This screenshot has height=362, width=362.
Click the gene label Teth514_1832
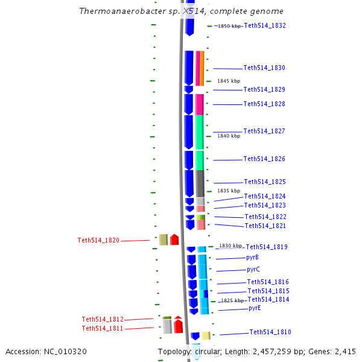click(265, 25)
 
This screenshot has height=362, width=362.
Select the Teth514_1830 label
click(264, 68)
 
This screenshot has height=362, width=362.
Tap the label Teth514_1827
click(264, 132)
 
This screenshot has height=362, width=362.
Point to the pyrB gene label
click(252, 258)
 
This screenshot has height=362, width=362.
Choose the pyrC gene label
click(253, 270)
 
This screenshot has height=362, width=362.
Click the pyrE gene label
click(255, 308)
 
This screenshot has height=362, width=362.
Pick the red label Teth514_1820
click(98, 240)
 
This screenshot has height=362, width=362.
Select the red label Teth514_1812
click(103, 319)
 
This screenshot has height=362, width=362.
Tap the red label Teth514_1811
click(103, 328)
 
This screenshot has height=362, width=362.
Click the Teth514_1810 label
click(270, 332)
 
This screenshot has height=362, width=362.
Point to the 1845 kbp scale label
click(229, 81)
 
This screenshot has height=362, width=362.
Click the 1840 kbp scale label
click(229, 136)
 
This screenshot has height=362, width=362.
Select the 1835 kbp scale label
click(229, 191)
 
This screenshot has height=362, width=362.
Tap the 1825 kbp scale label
click(232, 300)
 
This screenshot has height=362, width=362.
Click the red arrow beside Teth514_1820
click(174, 240)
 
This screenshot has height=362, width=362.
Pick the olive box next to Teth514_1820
click(163, 240)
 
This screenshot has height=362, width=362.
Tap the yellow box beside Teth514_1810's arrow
click(206, 335)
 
